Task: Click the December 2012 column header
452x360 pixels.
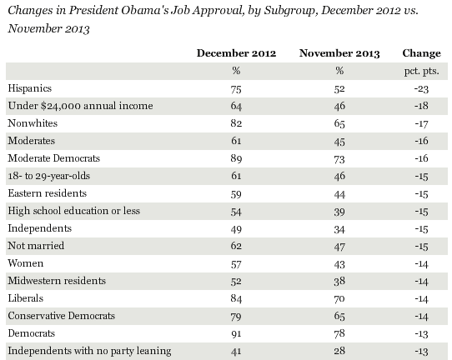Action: pos(236,53)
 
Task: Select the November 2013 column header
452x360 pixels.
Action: pos(339,53)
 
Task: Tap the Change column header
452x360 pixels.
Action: pos(421,53)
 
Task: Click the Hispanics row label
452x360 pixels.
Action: pos(30,88)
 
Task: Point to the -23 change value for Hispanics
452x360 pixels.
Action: pos(421,89)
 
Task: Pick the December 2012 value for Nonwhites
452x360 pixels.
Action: pos(236,123)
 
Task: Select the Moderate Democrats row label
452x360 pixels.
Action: pos(54,158)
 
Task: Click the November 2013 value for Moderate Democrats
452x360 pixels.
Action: pos(339,159)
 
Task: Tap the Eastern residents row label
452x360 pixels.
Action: pos(48,193)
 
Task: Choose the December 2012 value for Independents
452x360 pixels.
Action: pos(236,229)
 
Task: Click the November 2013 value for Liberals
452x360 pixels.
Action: pos(339,298)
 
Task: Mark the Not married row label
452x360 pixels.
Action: pos(36,246)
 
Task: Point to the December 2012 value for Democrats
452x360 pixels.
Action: pos(236,334)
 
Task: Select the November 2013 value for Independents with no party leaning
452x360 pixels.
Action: pos(339,351)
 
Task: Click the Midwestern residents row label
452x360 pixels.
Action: pos(57,281)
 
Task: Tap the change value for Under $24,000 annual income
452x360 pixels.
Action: pos(421,106)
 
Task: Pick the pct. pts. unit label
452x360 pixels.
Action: pos(421,71)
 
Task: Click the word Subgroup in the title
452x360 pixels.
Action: pos(289,11)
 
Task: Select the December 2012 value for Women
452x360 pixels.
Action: pos(236,264)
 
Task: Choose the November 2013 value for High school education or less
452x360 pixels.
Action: pos(339,212)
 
